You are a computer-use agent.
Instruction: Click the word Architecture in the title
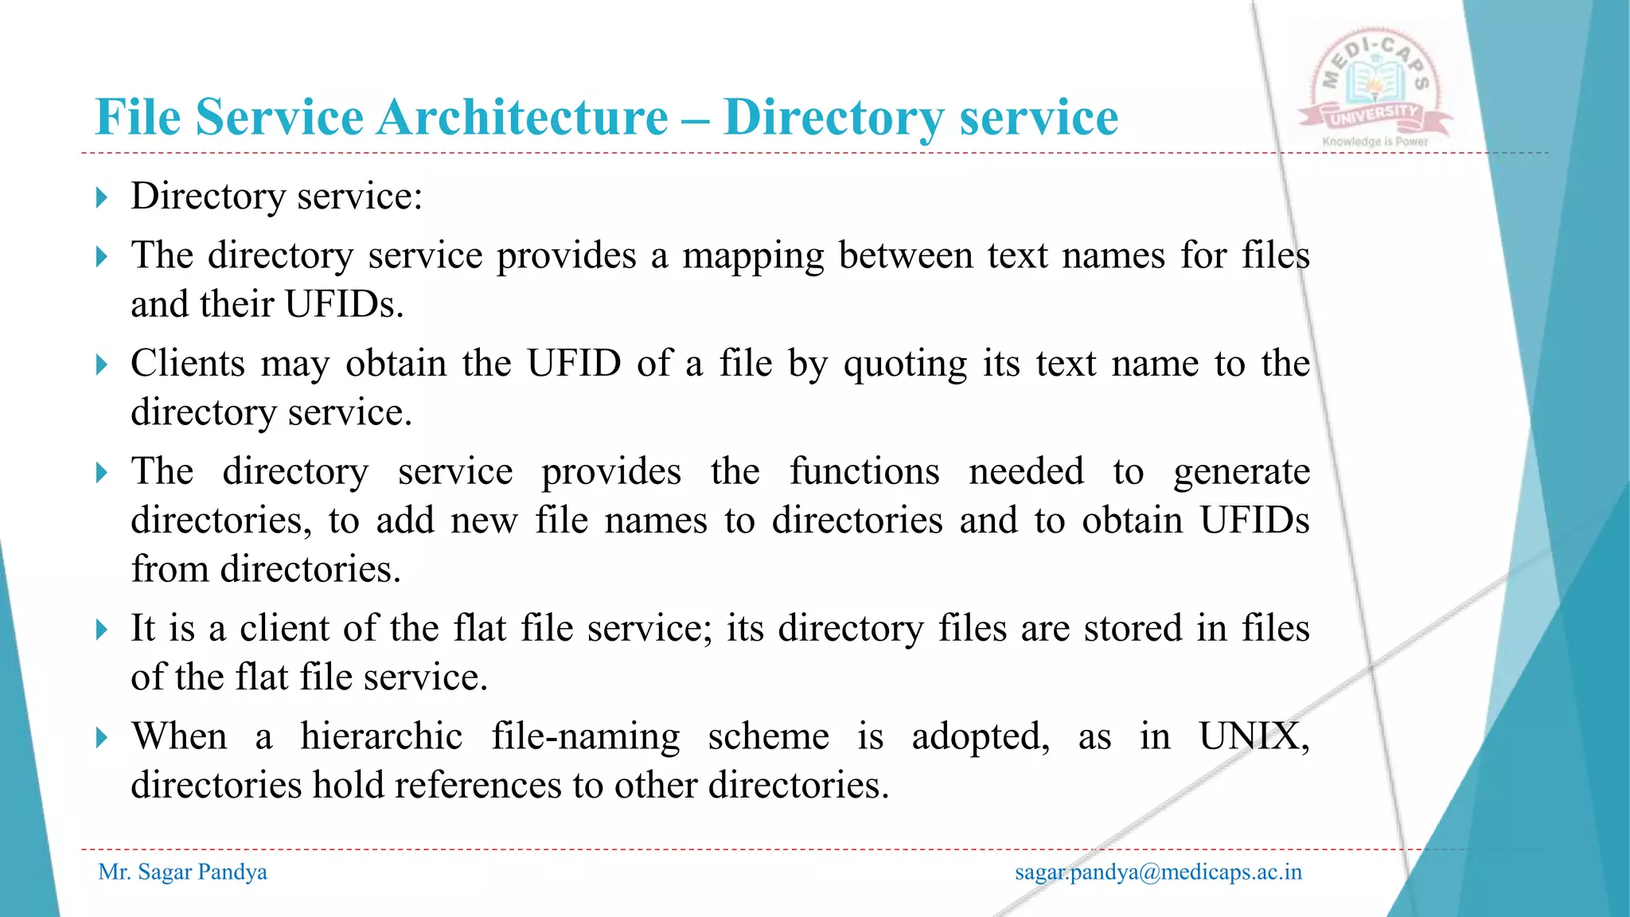(x=522, y=118)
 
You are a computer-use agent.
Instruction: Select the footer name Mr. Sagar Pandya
(x=182, y=872)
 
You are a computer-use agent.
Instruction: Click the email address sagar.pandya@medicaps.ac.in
(x=1158, y=872)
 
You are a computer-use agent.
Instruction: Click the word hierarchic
(x=381, y=736)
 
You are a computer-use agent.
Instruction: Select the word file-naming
(x=585, y=736)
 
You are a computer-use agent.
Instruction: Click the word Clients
(x=188, y=364)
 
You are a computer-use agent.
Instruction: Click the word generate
(x=1242, y=472)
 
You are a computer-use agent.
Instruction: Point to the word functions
(x=864, y=471)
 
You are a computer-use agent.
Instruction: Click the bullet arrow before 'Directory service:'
(x=101, y=197)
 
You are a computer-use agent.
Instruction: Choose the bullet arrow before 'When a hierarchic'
(x=101, y=737)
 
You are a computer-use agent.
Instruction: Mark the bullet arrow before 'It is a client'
(x=101, y=630)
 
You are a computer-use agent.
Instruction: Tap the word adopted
(x=980, y=737)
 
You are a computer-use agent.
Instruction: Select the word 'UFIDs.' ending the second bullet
(x=344, y=304)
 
